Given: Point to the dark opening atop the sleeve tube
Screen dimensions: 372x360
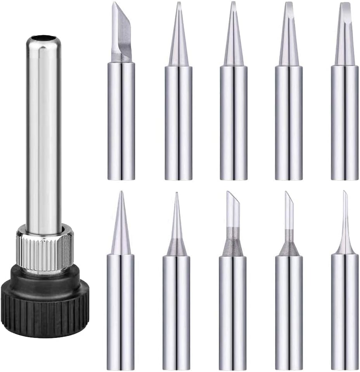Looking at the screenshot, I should pos(44,38).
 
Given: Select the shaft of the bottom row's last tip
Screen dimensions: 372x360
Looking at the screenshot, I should pos(345,311).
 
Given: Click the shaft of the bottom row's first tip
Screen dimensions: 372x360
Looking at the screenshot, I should pos(121,311).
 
